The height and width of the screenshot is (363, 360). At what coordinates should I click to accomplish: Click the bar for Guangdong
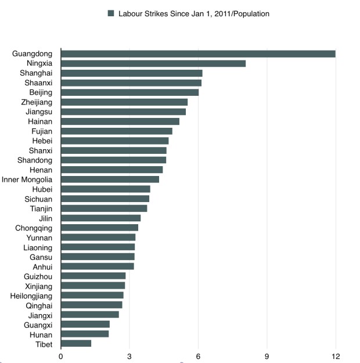(x=198, y=54)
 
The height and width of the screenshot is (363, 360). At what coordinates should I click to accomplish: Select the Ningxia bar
(x=153, y=63)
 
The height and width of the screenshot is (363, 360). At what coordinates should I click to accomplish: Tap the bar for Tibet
(x=76, y=343)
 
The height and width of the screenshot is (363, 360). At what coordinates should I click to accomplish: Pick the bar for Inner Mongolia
(x=110, y=179)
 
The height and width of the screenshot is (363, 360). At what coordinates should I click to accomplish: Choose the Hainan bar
(x=120, y=121)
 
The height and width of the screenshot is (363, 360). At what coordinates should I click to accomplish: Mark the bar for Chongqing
(x=99, y=228)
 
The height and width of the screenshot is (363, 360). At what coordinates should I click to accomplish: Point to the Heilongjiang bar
(x=92, y=296)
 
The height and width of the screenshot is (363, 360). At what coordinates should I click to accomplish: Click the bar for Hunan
(x=85, y=334)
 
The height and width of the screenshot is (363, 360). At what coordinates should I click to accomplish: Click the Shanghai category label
(x=37, y=73)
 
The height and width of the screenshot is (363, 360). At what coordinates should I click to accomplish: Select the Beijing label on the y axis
(x=40, y=92)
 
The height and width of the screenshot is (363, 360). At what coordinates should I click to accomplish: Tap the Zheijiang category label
(x=36, y=102)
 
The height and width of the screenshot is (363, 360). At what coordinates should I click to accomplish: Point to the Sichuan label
(x=38, y=199)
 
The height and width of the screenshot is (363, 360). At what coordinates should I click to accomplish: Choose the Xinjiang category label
(x=38, y=286)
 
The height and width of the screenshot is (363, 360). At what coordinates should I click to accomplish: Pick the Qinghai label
(x=39, y=306)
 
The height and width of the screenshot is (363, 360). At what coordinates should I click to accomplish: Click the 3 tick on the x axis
(x=129, y=355)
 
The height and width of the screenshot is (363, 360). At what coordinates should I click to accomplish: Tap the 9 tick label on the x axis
(x=267, y=355)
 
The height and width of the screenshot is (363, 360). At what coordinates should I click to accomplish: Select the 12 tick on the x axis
(x=336, y=355)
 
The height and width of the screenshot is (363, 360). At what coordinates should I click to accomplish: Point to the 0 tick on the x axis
(x=61, y=355)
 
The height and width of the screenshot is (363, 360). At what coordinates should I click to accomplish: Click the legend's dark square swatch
(x=111, y=13)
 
